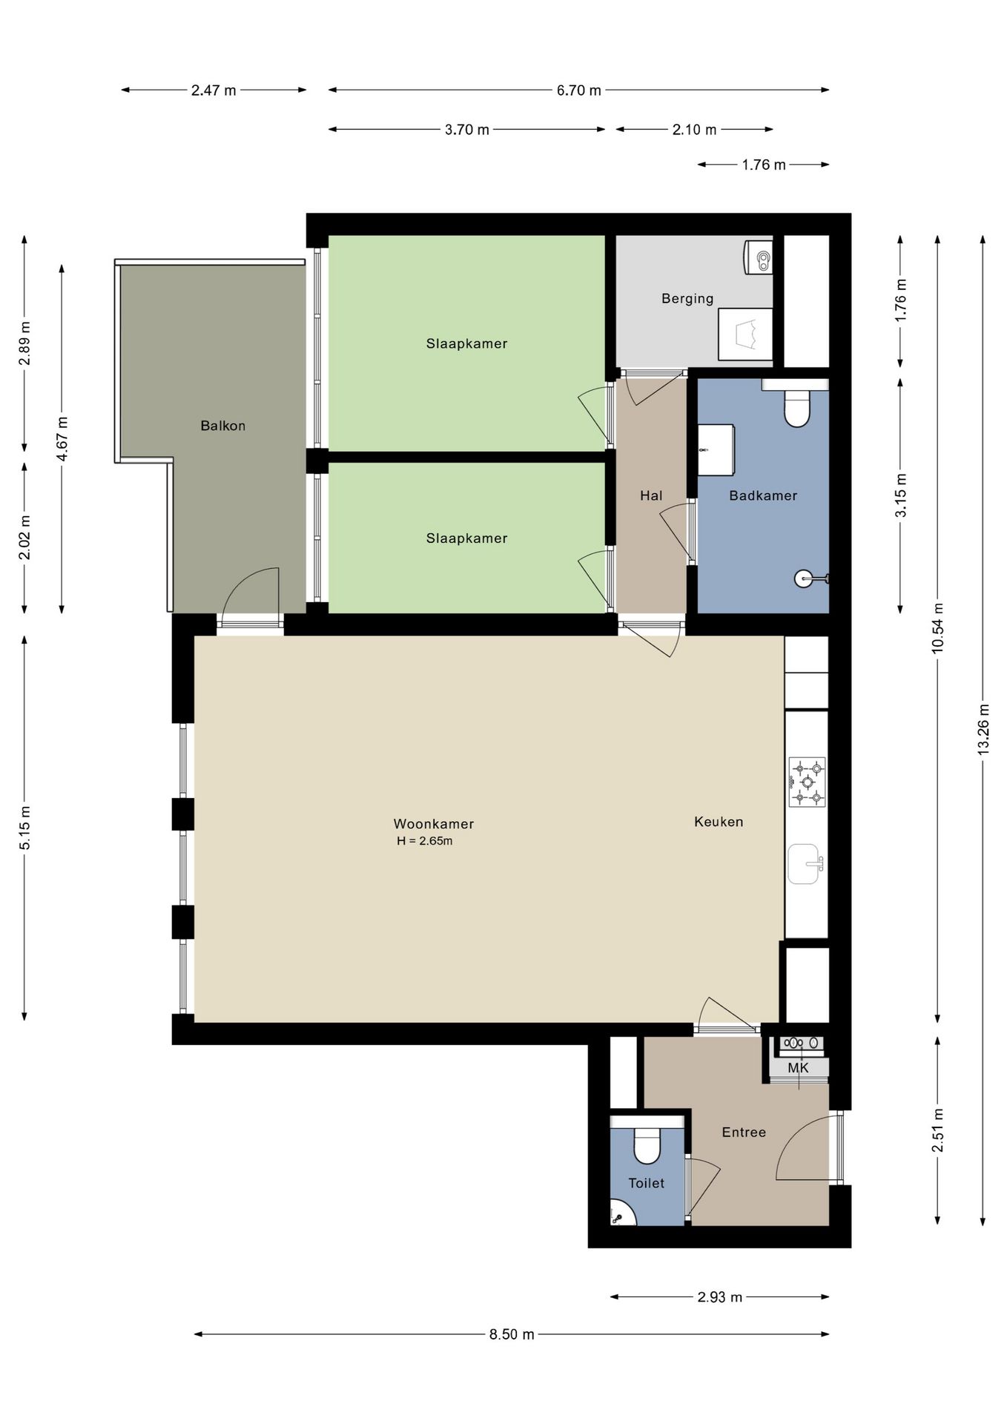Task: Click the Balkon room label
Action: pyautogui.click(x=222, y=426)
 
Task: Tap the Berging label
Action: pyautogui.click(x=687, y=299)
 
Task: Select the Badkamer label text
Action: pyautogui.click(x=763, y=495)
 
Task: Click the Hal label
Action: pyautogui.click(x=651, y=495)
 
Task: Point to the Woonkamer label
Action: pyautogui.click(x=434, y=824)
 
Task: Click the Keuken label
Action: pyautogui.click(x=719, y=822)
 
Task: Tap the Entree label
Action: pyautogui.click(x=744, y=1132)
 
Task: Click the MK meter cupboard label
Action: pyautogui.click(x=798, y=1068)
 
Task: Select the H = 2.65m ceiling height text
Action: pyautogui.click(x=425, y=841)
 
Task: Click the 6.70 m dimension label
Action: pyautogui.click(x=579, y=90)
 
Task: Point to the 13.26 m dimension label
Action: pyautogui.click(x=983, y=730)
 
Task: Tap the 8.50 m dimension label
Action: pyautogui.click(x=512, y=1334)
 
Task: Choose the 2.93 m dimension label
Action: pyautogui.click(x=719, y=1297)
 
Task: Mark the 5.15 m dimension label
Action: pyautogui.click(x=25, y=828)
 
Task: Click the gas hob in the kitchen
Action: pyautogui.click(x=807, y=782)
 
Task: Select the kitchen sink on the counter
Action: pyautogui.click(x=805, y=864)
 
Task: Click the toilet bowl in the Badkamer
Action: pyautogui.click(x=796, y=408)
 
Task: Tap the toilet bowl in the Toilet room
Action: pyautogui.click(x=647, y=1145)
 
